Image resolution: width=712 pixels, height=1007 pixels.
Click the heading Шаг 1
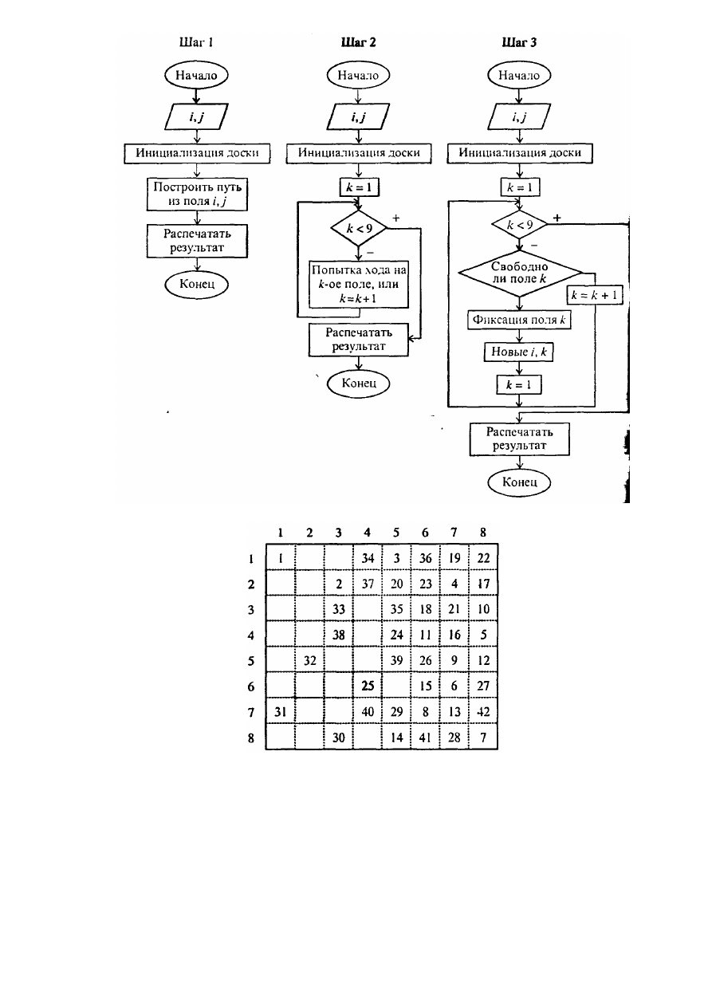pyautogui.click(x=196, y=42)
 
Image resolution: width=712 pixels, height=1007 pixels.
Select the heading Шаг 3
pyautogui.click(x=519, y=42)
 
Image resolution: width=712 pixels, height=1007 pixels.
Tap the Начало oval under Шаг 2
pyautogui.click(x=358, y=75)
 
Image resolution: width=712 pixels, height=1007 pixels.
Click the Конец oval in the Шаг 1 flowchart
pyautogui.click(x=196, y=284)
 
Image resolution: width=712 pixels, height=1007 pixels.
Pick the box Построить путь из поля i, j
pyautogui.click(x=197, y=195)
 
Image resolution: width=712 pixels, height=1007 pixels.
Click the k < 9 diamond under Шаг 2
pyautogui.click(x=359, y=228)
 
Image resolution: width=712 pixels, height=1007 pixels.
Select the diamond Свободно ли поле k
pyautogui.click(x=520, y=273)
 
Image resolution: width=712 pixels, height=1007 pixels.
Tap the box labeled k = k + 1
pyautogui.click(x=595, y=295)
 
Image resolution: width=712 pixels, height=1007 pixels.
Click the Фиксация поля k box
pyautogui.click(x=519, y=320)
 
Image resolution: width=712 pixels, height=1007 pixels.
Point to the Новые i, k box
pyautogui.click(x=519, y=352)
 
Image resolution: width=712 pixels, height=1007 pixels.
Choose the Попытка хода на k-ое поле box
pyautogui.click(x=359, y=284)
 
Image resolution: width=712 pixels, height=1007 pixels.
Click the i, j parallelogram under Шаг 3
pyautogui.click(x=519, y=117)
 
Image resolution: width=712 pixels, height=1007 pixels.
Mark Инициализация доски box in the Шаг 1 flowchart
pyautogui.click(x=197, y=153)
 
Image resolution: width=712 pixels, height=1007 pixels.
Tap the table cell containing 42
pyautogui.click(x=483, y=712)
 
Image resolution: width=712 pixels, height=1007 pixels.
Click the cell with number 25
pyautogui.click(x=368, y=686)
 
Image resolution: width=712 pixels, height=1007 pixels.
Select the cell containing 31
pyautogui.click(x=281, y=712)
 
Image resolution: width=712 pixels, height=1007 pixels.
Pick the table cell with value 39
pyautogui.click(x=396, y=660)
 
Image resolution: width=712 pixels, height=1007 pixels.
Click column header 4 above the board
pyautogui.click(x=368, y=533)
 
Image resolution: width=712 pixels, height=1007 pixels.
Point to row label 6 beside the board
pyautogui.click(x=251, y=686)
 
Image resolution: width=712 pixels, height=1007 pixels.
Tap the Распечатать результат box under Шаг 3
pyautogui.click(x=520, y=439)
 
